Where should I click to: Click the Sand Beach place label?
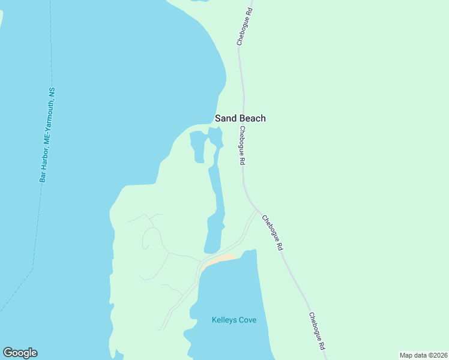[x=240, y=118]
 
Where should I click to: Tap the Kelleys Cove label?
[x=234, y=320]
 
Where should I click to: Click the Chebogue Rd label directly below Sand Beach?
[x=242, y=146]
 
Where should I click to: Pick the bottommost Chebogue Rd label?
[x=317, y=331]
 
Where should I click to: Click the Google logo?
[x=20, y=353]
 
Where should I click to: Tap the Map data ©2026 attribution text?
[x=423, y=355]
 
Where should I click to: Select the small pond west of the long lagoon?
[x=197, y=146]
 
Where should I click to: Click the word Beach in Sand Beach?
[x=253, y=118]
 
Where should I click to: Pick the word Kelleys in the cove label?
[x=224, y=320]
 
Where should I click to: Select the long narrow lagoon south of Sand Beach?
[x=216, y=204]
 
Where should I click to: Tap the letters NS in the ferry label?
[x=52, y=92]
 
